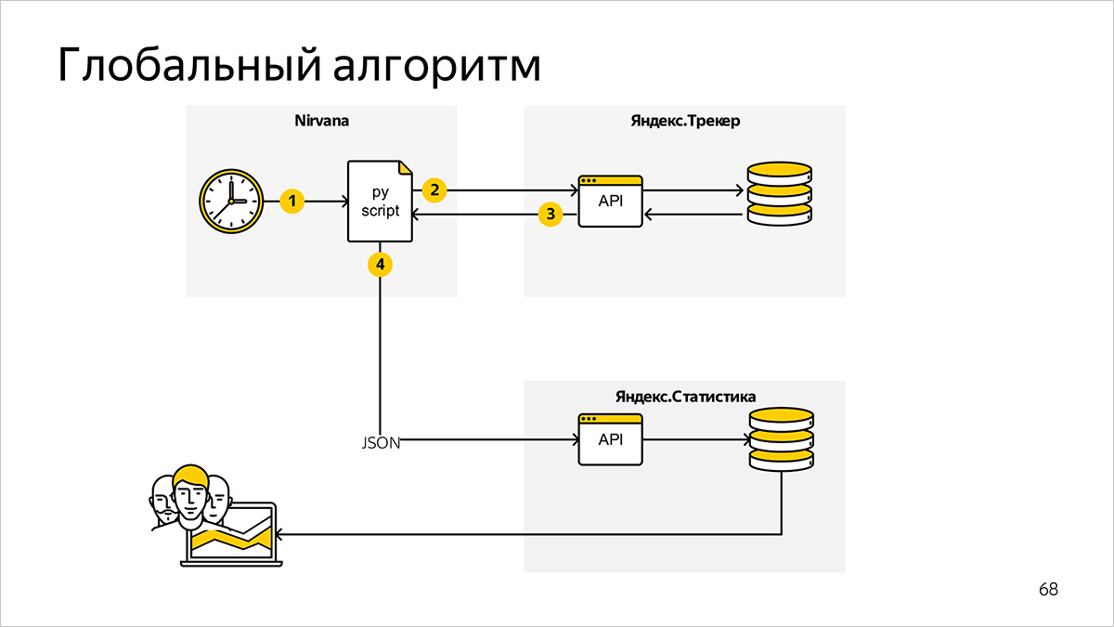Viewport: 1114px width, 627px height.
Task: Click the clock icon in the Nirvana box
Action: click(229, 201)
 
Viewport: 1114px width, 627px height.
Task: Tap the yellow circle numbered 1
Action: click(292, 201)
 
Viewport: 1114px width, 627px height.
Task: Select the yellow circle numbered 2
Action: click(434, 189)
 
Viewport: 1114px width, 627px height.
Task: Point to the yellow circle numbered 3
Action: click(551, 216)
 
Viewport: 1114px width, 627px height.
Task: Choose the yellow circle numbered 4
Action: click(380, 265)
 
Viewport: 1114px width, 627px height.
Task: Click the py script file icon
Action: click(379, 202)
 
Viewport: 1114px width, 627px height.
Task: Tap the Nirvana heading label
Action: click(321, 122)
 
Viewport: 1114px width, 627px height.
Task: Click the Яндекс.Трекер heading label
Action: click(684, 122)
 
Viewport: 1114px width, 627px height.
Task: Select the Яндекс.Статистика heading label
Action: click(685, 397)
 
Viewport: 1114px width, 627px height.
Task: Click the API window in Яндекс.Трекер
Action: click(610, 202)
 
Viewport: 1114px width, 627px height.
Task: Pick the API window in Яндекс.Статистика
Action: click(610, 439)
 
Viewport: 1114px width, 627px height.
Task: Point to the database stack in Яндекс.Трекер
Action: click(780, 193)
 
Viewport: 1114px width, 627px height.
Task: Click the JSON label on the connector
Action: click(381, 443)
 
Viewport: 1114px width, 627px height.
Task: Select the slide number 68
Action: click(1048, 590)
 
